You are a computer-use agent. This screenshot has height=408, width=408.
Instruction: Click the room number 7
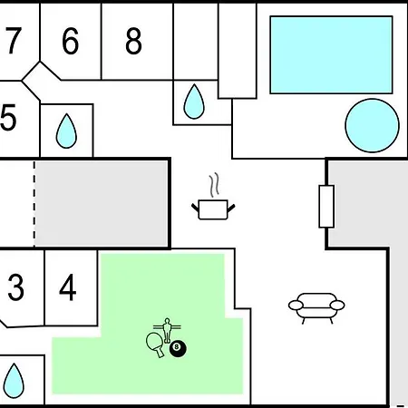tap(14, 41)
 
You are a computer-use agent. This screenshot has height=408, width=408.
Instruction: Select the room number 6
tap(71, 41)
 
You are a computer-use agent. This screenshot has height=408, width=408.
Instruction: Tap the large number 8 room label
tap(133, 41)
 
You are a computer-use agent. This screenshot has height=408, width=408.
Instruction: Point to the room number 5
tap(8, 117)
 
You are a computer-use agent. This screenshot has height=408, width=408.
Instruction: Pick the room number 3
tap(15, 287)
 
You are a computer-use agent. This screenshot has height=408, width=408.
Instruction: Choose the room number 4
tap(68, 287)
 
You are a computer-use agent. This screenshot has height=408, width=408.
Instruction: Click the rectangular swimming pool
tap(331, 54)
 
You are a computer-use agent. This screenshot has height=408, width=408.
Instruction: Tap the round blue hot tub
tap(373, 125)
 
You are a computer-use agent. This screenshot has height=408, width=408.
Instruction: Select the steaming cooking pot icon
tap(213, 197)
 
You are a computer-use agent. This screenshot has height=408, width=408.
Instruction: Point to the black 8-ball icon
tap(178, 348)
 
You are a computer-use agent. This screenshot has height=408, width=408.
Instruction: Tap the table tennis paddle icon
tap(155, 345)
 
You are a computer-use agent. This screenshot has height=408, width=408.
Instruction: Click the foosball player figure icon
tap(167, 331)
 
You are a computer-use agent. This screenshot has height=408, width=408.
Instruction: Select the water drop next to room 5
tap(66, 131)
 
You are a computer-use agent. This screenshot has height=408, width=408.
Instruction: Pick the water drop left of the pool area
tap(194, 102)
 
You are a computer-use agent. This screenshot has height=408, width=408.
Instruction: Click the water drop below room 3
tap(14, 381)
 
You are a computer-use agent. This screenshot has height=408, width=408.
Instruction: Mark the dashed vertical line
tap(34, 204)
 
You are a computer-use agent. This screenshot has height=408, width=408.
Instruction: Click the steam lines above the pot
tap(214, 185)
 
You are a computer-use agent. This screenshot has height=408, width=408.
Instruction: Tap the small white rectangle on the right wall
tap(326, 207)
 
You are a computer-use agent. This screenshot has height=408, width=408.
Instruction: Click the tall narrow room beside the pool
tap(238, 51)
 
